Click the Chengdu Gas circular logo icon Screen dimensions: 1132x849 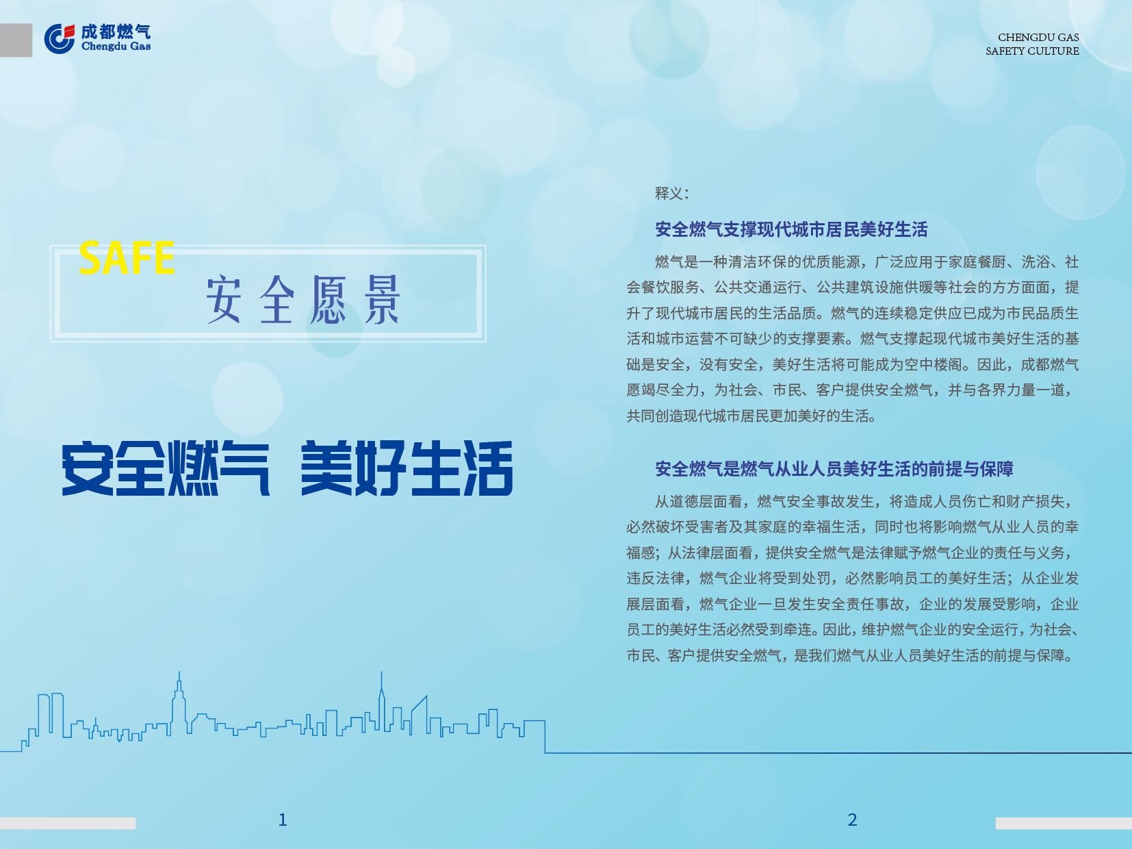click(60, 39)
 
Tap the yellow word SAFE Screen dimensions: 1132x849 click(127, 257)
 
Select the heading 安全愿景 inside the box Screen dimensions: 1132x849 click(303, 299)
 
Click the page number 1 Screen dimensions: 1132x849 click(283, 820)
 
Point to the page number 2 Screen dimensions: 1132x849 click(852, 820)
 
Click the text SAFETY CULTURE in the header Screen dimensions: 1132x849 click(1032, 51)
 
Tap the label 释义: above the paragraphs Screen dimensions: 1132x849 click(671, 194)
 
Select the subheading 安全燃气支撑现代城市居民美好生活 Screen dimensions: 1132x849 click(791, 229)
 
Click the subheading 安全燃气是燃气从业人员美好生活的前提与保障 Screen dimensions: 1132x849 click(834, 469)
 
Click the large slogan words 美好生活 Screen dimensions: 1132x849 click(407, 468)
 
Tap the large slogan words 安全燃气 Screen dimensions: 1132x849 click(166, 468)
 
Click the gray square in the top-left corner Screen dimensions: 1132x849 click(16, 40)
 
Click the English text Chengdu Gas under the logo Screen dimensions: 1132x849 click(116, 47)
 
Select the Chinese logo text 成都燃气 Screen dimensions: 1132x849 click(116, 32)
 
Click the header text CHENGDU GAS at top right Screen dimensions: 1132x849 click(1038, 37)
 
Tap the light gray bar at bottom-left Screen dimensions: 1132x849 click(68, 823)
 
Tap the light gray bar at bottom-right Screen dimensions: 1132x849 click(1064, 823)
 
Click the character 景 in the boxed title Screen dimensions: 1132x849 click(382, 299)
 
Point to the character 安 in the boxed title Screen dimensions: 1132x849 click(224, 299)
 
